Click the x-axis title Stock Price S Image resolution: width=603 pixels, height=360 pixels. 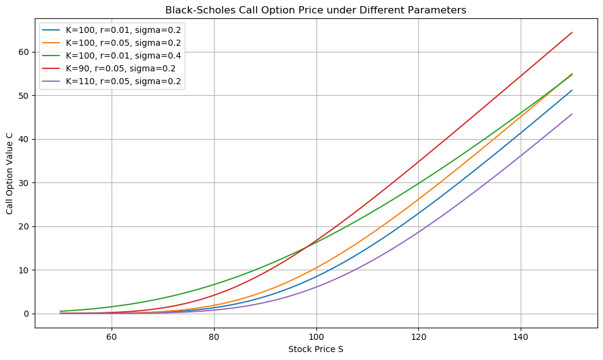click(316, 349)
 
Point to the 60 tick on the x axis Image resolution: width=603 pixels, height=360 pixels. click(112, 336)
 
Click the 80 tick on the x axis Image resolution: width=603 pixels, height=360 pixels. click(214, 336)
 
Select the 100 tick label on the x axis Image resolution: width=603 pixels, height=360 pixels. click(316, 336)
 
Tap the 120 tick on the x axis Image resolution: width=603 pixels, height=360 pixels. click(418, 336)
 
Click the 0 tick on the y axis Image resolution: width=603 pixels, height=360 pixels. click(26, 314)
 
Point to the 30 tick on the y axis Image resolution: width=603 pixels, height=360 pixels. click(24, 183)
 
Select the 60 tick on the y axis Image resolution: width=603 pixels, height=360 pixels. click(24, 52)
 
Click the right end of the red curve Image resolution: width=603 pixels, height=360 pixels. click(571, 32)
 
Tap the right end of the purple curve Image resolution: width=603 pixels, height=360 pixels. click(571, 114)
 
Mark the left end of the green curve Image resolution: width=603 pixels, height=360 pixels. click(60, 311)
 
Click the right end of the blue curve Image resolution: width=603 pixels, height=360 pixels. click(571, 90)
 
